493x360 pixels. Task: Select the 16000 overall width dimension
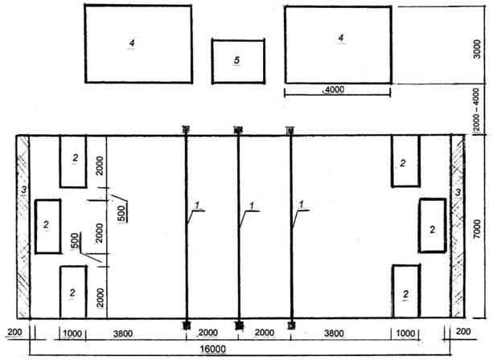[x=213, y=349]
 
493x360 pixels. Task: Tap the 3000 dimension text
[x=477, y=49]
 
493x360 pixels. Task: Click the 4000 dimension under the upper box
[x=334, y=90]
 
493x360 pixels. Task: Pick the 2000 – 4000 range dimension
[x=476, y=109]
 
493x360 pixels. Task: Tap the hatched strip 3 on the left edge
[x=23, y=227]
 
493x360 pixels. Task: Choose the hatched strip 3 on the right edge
[x=458, y=227]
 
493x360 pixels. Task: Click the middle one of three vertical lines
[x=238, y=227]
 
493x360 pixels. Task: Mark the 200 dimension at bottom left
[x=14, y=332]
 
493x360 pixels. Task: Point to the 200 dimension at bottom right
[x=463, y=331]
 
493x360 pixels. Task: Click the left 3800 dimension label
[x=123, y=333]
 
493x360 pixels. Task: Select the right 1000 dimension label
[x=405, y=333]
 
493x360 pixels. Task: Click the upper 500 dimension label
[x=122, y=213]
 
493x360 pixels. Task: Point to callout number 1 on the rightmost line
[x=302, y=204]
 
